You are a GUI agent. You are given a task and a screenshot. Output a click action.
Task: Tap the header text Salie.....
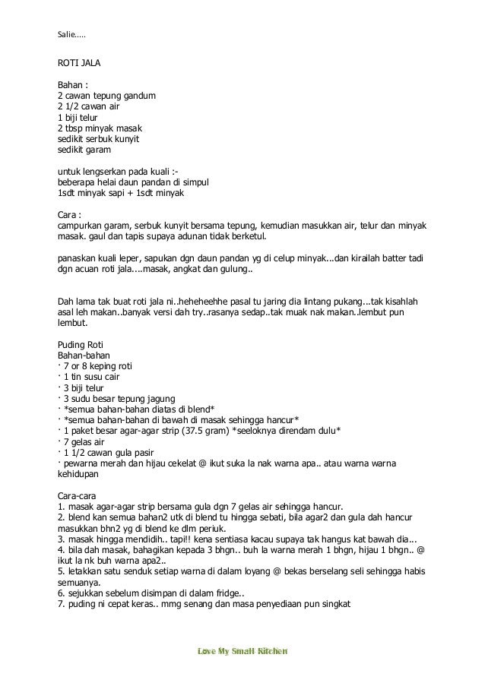(72, 33)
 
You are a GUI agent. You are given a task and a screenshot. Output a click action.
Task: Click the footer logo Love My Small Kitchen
(242, 652)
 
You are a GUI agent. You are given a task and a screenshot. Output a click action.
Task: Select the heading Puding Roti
(81, 344)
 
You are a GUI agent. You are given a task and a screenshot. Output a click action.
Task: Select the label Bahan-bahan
(84, 355)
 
